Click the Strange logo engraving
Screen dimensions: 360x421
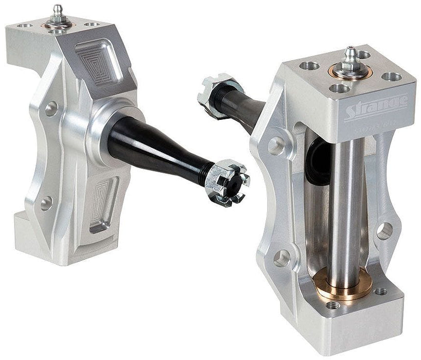pyautogui.click(x=375, y=105)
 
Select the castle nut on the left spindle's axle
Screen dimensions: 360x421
pyautogui.click(x=227, y=181)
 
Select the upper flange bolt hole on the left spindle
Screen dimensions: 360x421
pyautogui.click(x=51, y=109)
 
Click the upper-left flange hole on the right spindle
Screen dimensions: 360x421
pyautogui.click(x=276, y=146)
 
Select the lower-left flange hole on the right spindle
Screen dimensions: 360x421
pyautogui.click(x=282, y=258)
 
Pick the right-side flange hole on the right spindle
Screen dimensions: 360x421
pyautogui.click(x=384, y=230)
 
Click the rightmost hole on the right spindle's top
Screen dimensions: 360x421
pyautogui.click(x=393, y=77)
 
